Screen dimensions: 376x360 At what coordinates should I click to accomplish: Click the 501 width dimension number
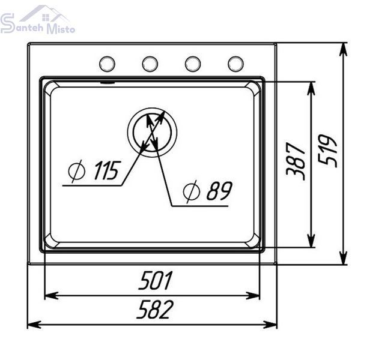pos(156,280)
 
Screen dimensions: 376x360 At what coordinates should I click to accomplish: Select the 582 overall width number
pos(155,309)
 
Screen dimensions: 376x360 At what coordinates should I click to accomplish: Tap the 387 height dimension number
pos(296,161)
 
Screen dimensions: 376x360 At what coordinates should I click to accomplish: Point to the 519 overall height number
pos(327,151)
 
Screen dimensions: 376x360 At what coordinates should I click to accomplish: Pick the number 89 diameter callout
pos(219,191)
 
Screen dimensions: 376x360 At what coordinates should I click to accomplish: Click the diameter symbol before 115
pos(76,171)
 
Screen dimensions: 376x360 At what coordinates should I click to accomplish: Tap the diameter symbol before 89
pos(191,191)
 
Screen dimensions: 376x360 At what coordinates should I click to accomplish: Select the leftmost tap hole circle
pos(107,64)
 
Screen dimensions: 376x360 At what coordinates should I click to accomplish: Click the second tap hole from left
pos(150,64)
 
